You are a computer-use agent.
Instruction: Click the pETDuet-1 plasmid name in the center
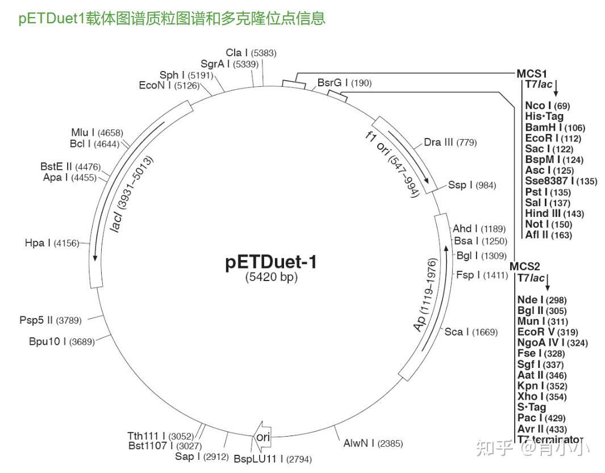click(x=271, y=262)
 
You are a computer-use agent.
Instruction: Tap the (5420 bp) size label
click(x=272, y=278)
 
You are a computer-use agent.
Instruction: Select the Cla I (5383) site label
click(x=251, y=53)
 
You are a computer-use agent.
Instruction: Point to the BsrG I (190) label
click(x=344, y=83)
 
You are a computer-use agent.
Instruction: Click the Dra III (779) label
click(x=450, y=142)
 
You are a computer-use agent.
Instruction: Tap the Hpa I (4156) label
click(x=51, y=243)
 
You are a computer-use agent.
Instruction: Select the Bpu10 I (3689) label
click(x=61, y=341)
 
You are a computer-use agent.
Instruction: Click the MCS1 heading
click(x=531, y=73)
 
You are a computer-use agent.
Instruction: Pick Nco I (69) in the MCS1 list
click(x=547, y=106)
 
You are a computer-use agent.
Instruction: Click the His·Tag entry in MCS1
click(x=544, y=116)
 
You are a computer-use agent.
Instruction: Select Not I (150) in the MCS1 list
click(x=548, y=224)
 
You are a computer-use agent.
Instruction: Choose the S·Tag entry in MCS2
click(x=531, y=407)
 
